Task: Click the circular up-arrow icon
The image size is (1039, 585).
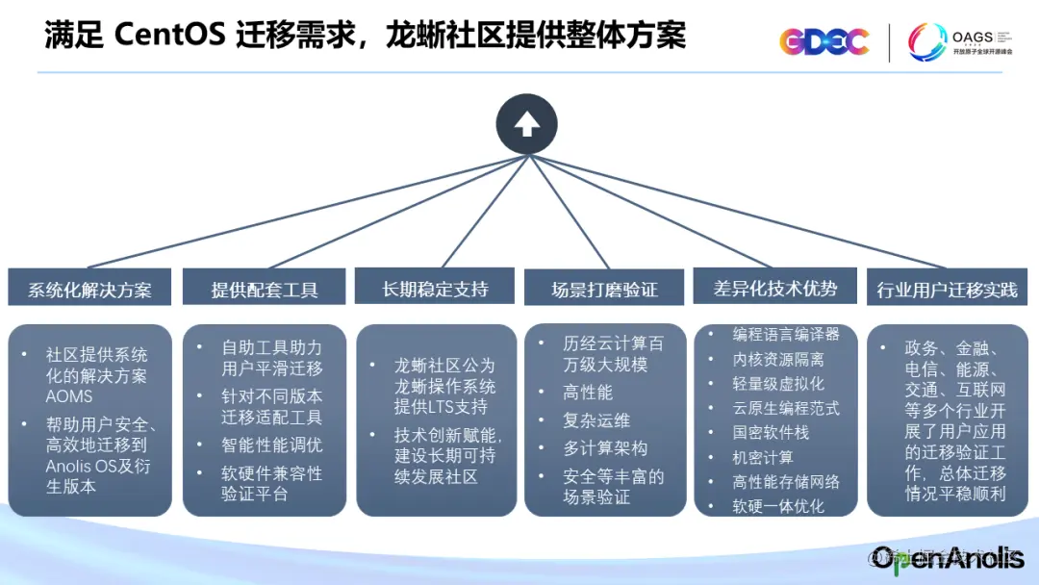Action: [x=526, y=124]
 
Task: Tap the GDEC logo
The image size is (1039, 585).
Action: [x=824, y=41]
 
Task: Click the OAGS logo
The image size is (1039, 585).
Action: [x=960, y=42]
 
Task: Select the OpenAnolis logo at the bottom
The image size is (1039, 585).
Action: [x=948, y=558]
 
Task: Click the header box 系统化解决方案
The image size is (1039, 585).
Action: [x=89, y=290]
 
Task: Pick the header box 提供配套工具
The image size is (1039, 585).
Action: [x=265, y=290]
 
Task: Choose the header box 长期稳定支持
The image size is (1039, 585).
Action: [x=436, y=289]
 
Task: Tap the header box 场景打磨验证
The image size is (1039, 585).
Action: [x=604, y=290]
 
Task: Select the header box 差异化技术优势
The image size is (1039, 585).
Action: [x=774, y=288]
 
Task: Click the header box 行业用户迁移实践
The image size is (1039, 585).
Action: [x=947, y=290]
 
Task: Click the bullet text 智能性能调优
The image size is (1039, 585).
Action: [x=272, y=445]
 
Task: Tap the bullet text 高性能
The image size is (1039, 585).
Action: [x=588, y=393]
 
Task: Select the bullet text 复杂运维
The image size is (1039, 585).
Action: [x=596, y=420]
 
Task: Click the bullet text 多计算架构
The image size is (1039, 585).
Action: [x=605, y=448]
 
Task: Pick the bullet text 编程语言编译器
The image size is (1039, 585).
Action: [x=786, y=334]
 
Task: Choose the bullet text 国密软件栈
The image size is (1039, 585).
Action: [x=771, y=432]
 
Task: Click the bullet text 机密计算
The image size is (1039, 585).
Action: [x=763, y=457]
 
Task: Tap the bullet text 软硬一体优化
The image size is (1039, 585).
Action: [x=778, y=506]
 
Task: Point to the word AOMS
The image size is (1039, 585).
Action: [x=69, y=396]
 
